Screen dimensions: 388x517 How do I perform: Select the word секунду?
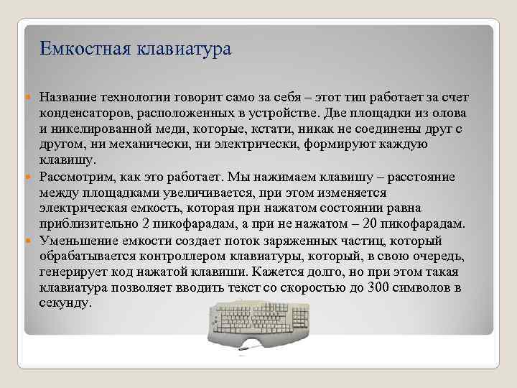click(65, 302)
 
